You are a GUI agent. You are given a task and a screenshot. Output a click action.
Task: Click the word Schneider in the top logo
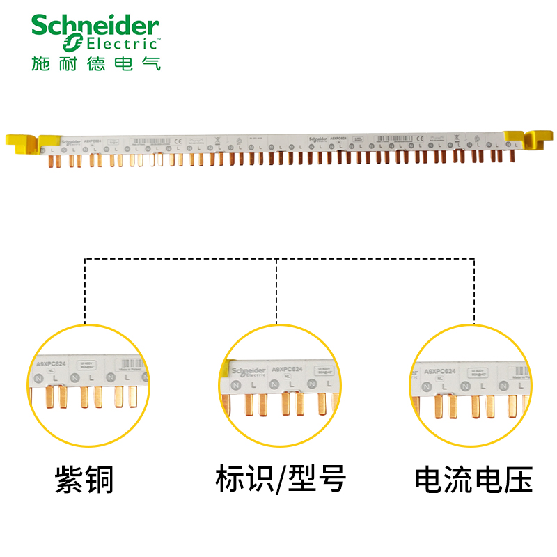[95, 26]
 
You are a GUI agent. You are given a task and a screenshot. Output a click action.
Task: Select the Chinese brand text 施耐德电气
[96, 63]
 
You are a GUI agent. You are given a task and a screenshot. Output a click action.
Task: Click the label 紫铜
[84, 480]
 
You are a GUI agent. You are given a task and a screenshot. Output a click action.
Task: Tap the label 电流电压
[473, 480]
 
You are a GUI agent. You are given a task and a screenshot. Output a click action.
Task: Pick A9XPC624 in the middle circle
[287, 369]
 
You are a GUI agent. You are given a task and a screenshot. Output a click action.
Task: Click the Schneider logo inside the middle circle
[249, 370]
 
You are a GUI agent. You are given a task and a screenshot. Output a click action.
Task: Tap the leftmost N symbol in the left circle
[39, 377]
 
